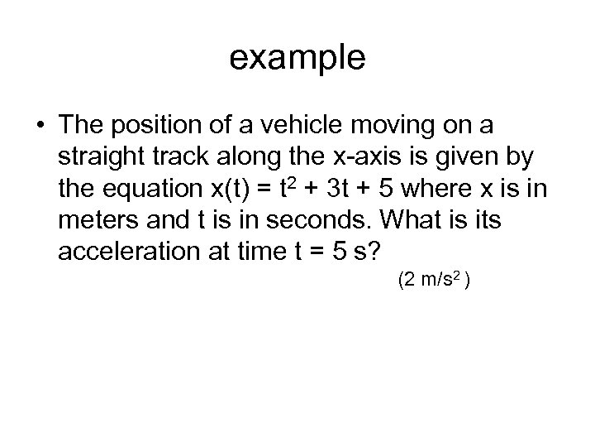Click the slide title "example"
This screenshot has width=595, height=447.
(x=297, y=59)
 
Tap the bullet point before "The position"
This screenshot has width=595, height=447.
(x=39, y=127)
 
